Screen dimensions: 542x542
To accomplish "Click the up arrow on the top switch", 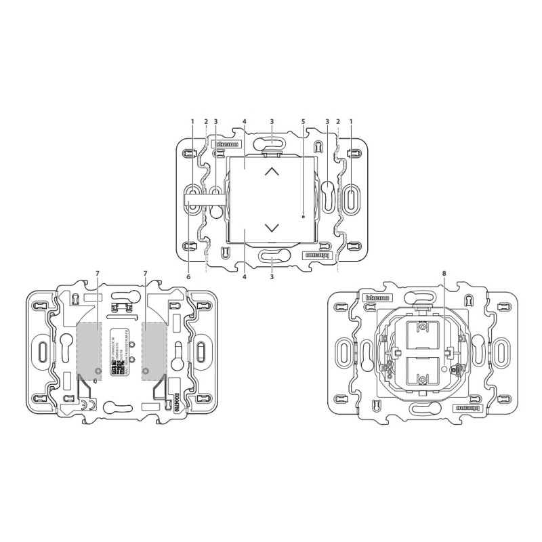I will click(272, 171).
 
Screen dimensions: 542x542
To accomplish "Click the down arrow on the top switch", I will click(272, 228).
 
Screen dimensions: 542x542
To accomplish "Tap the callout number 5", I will click(304, 122).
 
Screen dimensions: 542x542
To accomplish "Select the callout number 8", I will click(444, 273).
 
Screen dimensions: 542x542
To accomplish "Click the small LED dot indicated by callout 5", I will click(304, 217).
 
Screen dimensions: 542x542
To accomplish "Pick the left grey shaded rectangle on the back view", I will click(89, 348).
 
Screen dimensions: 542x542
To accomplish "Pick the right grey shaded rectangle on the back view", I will click(154, 348).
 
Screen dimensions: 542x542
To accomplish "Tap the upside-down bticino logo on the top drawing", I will click(316, 256).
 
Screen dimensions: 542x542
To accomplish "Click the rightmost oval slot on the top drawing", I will click(352, 200).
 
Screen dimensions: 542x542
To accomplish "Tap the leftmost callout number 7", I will click(97, 273).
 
